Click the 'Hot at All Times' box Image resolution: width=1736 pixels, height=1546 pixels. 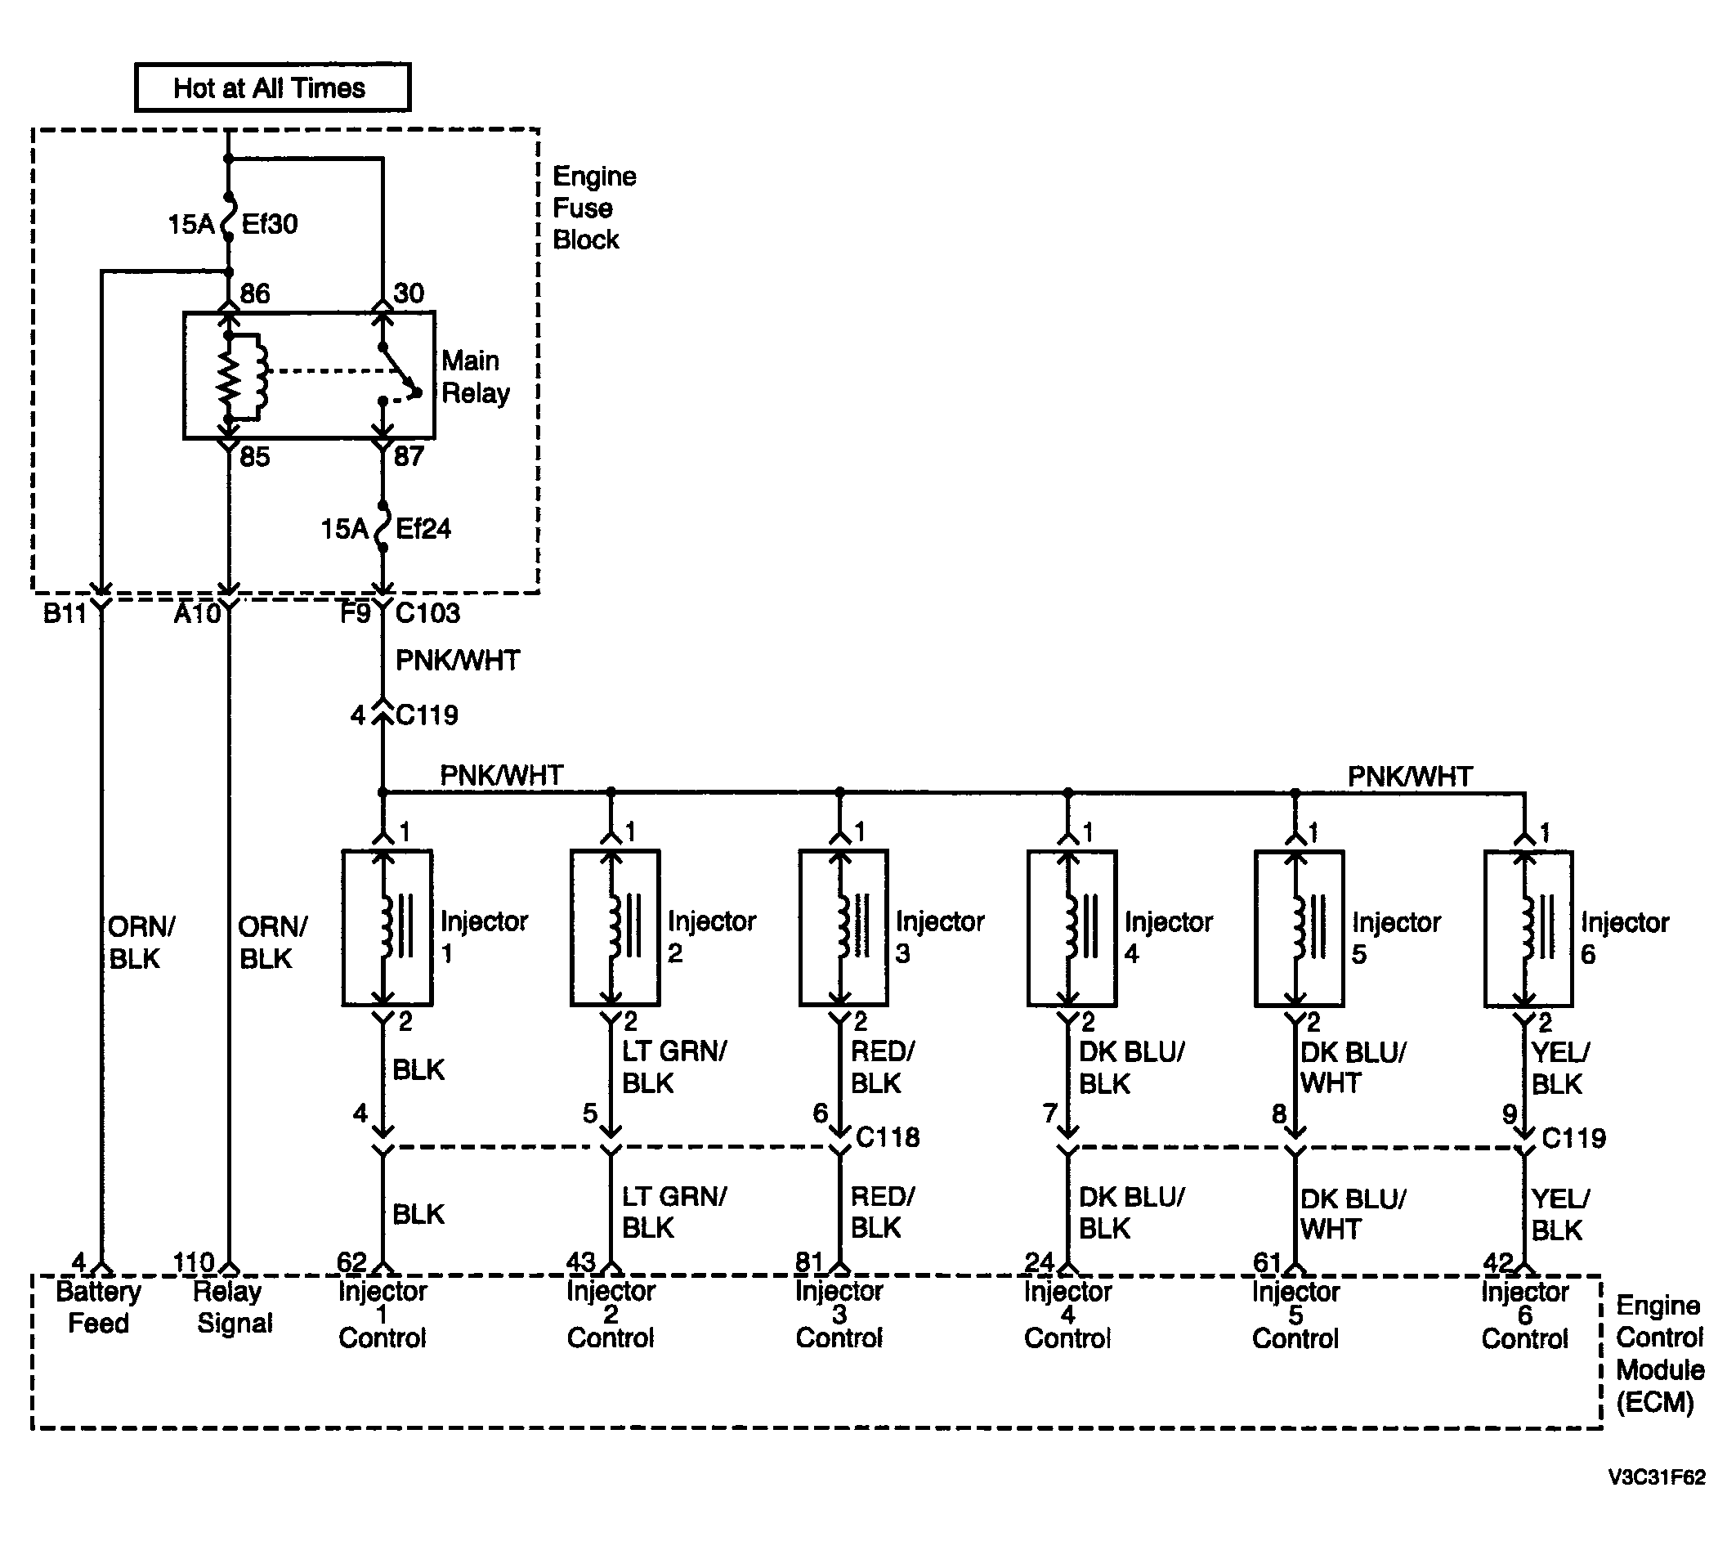[x=273, y=87]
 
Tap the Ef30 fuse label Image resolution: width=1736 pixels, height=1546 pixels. [x=269, y=224]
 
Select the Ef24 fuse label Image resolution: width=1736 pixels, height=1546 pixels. [x=423, y=529]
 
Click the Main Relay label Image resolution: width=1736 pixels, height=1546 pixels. [x=476, y=377]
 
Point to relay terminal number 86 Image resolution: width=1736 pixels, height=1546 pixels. [x=255, y=294]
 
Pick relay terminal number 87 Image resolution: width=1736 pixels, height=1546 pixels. [x=409, y=457]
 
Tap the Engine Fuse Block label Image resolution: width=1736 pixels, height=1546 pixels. [x=594, y=208]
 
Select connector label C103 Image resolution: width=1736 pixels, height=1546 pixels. [x=427, y=613]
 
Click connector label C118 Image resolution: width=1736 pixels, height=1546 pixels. [x=888, y=1137]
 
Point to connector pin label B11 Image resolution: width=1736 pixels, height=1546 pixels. [x=65, y=613]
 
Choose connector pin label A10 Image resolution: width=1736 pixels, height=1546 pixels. [x=197, y=613]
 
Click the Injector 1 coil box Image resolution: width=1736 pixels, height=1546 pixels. [x=387, y=929]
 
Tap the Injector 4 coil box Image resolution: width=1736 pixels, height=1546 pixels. [x=1072, y=929]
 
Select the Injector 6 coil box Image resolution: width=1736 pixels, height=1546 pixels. [x=1528, y=930]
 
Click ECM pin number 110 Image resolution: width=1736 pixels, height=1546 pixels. [x=194, y=1263]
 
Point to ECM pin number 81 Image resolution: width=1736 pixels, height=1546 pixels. [x=808, y=1263]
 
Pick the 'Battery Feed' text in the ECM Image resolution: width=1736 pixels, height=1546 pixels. [x=99, y=1308]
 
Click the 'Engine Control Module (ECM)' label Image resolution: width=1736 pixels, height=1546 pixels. [x=1659, y=1354]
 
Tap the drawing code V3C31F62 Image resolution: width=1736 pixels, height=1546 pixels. [x=1656, y=1477]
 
